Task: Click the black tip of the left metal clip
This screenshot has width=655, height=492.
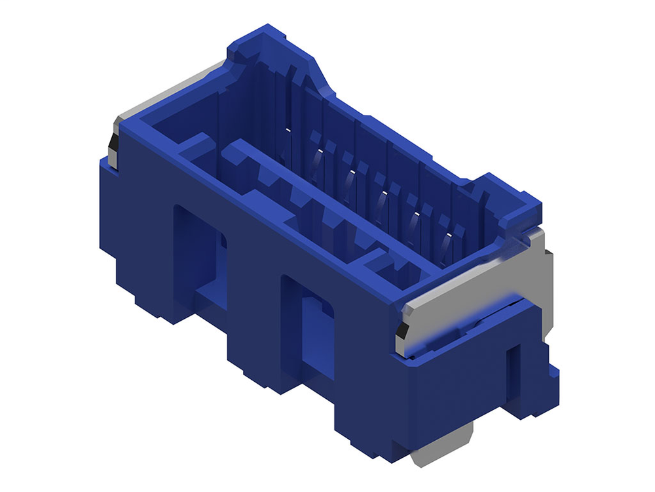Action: click(114, 150)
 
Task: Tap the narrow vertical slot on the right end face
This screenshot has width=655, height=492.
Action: click(514, 374)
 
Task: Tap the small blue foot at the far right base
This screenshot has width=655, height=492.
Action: click(547, 394)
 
